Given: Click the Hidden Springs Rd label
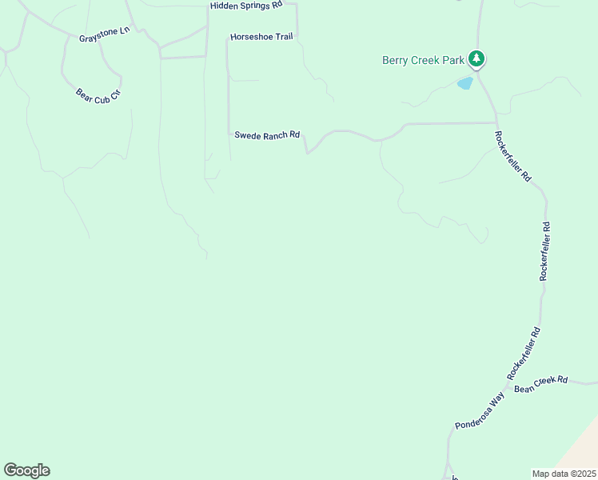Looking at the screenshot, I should click(246, 6).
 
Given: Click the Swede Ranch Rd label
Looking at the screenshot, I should click(267, 135).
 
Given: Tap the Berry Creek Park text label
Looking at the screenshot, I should click(424, 59).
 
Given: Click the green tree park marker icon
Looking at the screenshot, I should click(476, 58).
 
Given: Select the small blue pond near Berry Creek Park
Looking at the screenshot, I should click(464, 82).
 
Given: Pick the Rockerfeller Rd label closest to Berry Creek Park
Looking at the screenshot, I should click(512, 156).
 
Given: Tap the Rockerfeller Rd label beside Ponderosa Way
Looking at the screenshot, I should click(524, 354).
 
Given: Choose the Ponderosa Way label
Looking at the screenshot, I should click(480, 411).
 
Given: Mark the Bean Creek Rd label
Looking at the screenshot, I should click(540, 384).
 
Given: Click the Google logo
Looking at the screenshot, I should click(26, 470).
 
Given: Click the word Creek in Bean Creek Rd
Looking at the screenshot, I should click(544, 383).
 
